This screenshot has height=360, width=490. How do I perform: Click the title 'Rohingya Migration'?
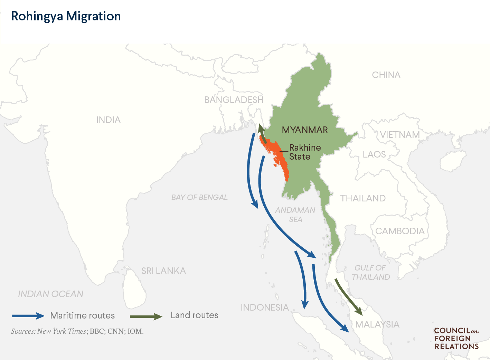(x=66, y=16)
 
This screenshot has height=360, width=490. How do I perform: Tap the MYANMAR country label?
(x=305, y=130)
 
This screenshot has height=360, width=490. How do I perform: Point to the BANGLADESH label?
(x=234, y=100)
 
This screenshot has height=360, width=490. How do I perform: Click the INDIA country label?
(x=108, y=120)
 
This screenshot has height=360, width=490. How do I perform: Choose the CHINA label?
(x=386, y=75)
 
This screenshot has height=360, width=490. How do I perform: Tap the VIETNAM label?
(x=400, y=135)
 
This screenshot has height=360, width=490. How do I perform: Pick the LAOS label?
(x=374, y=154)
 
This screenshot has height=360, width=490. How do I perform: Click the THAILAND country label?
(x=363, y=198)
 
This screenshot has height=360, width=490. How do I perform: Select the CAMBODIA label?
(x=400, y=231)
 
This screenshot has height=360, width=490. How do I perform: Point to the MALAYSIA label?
(x=377, y=324)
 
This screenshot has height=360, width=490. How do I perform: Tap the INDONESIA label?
(x=265, y=307)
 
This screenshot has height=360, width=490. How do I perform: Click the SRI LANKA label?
(x=163, y=271)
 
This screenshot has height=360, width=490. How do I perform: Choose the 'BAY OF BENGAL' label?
(x=199, y=197)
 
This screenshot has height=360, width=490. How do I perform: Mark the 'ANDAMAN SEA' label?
(x=295, y=215)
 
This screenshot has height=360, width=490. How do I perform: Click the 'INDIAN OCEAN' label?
(x=50, y=294)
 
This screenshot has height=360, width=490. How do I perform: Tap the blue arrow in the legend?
(x=28, y=316)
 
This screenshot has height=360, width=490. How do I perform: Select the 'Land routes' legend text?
(x=194, y=315)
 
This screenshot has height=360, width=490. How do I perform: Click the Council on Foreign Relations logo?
(x=456, y=339)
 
